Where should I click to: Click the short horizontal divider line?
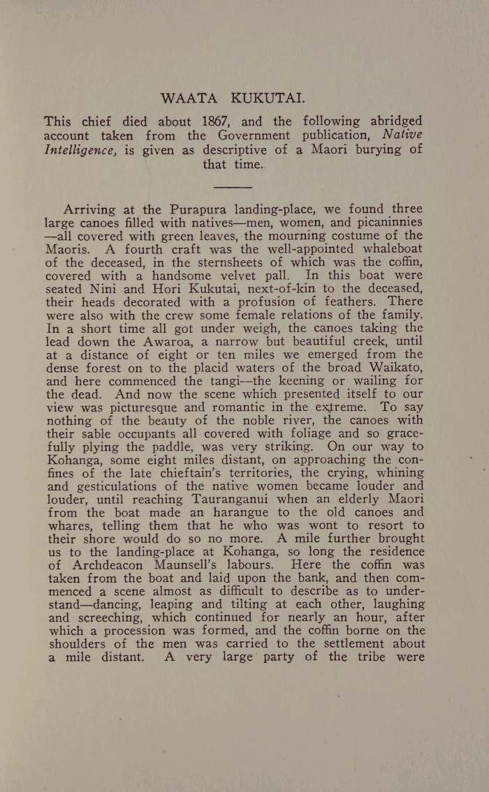point(231,187)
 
